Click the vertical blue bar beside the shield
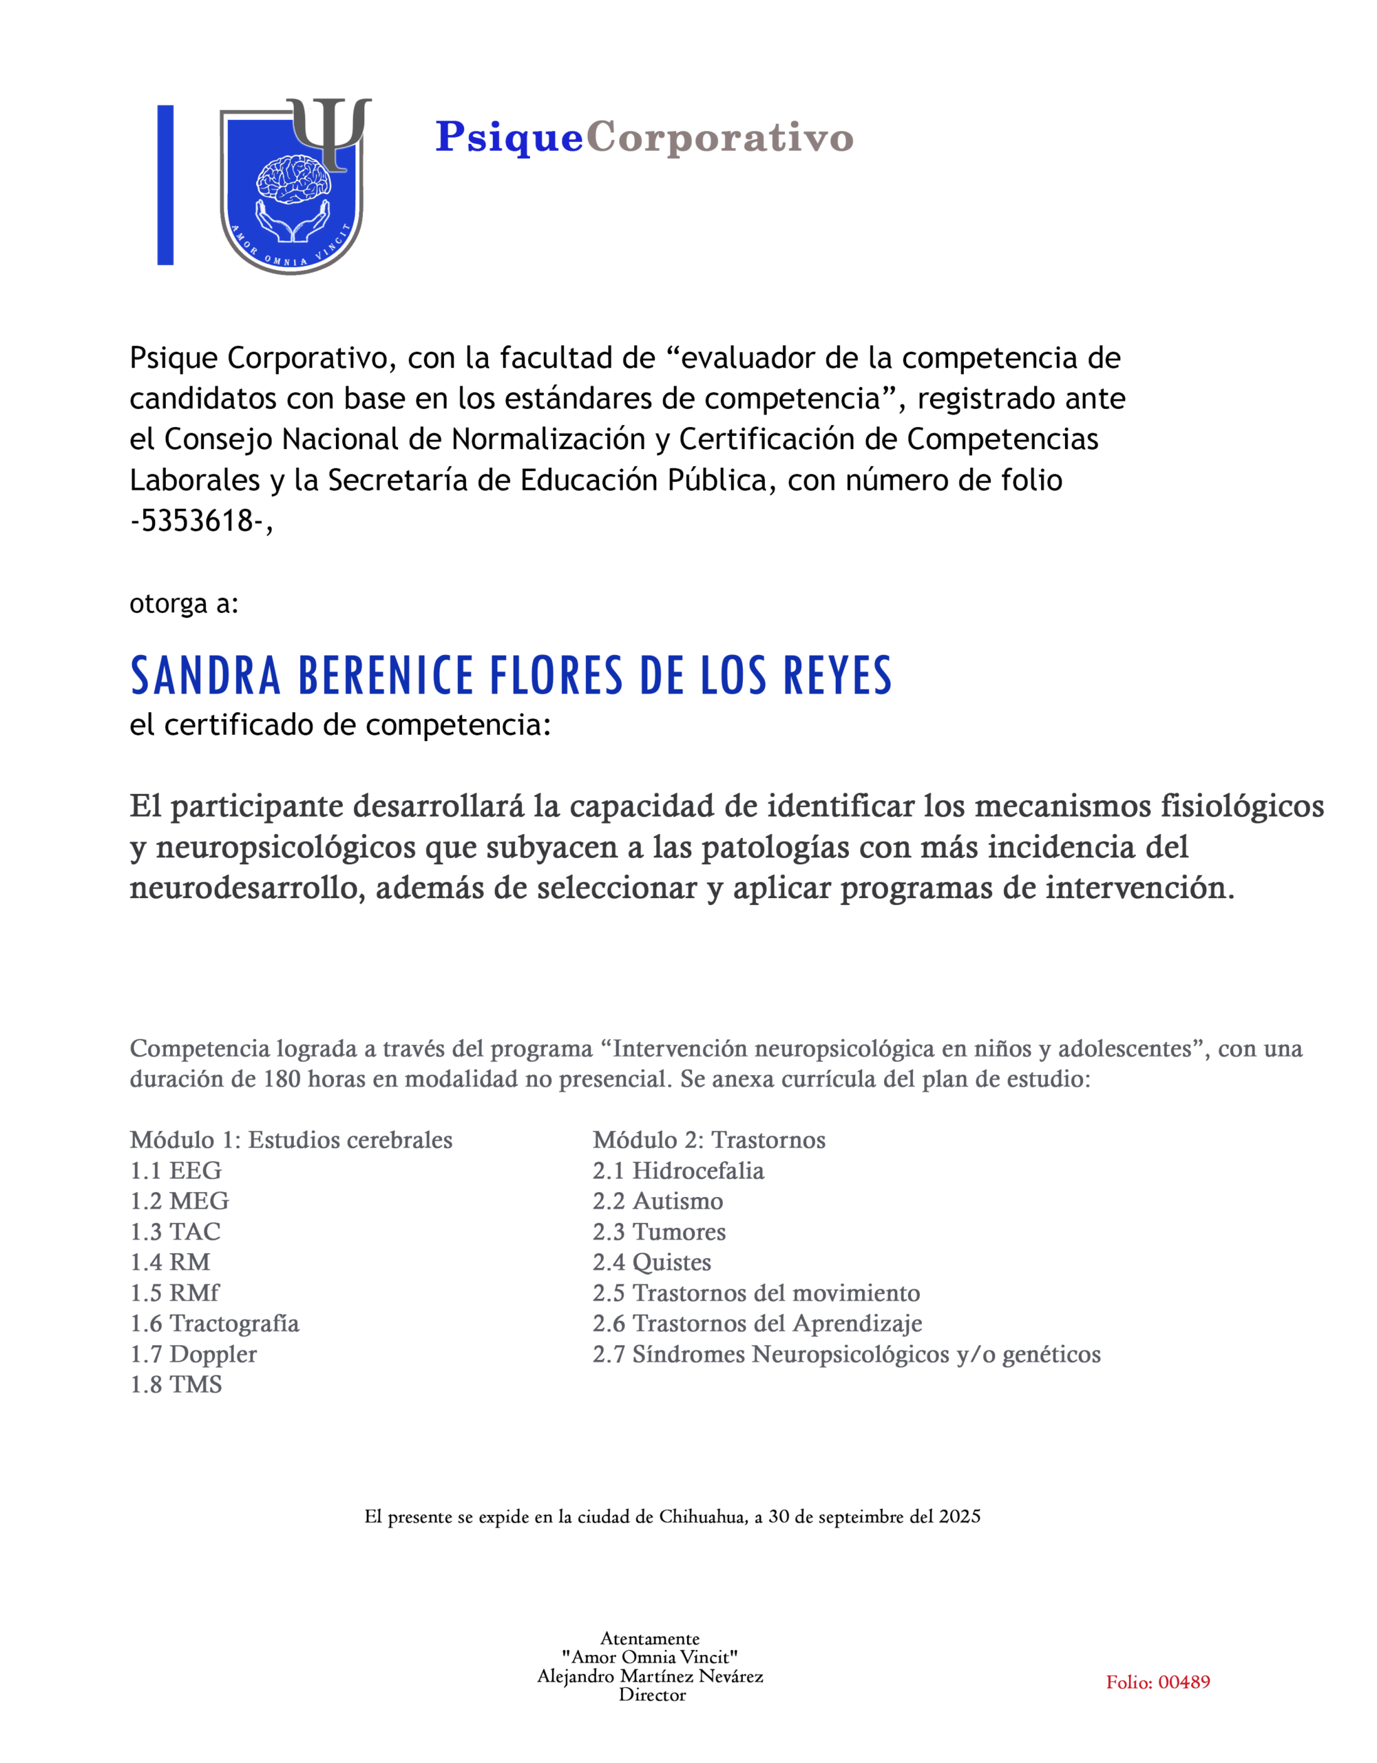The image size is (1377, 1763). pos(165,185)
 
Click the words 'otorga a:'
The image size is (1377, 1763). pos(184,603)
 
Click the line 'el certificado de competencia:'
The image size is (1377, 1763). pos(340,725)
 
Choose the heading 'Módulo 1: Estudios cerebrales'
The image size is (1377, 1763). pos(291,1140)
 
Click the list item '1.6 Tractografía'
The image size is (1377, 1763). pos(215,1323)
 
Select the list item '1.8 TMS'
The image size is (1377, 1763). pos(176,1384)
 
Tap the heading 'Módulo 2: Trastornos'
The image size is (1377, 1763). pos(708,1140)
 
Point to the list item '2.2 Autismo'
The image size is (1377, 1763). pos(658,1201)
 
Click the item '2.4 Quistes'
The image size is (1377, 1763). pos(651,1262)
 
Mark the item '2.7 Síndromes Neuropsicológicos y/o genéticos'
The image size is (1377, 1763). pos(846,1354)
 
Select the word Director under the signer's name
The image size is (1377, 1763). pos(652,1696)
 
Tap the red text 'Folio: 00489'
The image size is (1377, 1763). pos(1157,1682)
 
